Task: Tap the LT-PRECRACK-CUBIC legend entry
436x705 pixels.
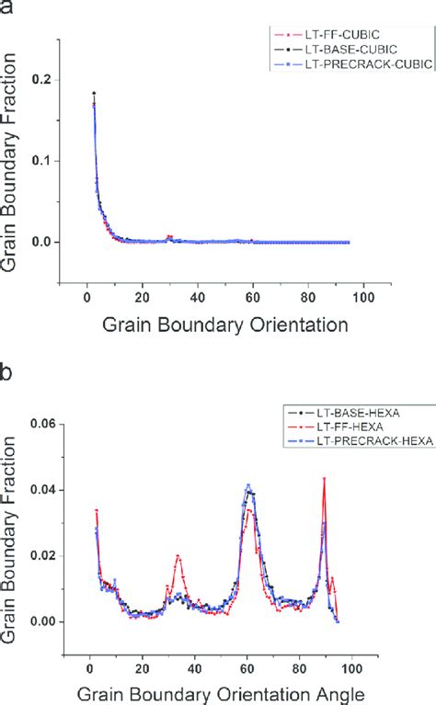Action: coord(333,65)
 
